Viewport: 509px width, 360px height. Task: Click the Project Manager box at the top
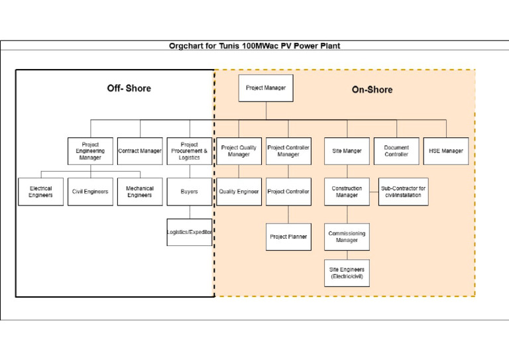tap(266, 88)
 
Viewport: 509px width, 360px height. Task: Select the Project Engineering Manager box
tap(90, 151)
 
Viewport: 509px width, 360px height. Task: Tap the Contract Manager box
tap(140, 151)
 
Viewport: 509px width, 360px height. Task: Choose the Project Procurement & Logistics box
tap(189, 151)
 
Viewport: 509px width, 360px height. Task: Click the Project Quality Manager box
tap(239, 151)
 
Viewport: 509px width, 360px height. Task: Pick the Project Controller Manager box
tap(288, 151)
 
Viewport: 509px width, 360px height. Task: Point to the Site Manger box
tap(347, 151)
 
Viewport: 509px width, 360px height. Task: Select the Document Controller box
tap(396, 151)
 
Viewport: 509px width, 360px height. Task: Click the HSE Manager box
tap(446, 151)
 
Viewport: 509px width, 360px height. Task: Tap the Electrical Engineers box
tap(40, 192)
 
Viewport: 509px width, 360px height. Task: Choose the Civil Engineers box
tap(90, 192)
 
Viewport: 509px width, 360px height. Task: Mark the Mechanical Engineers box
tap(140, 192)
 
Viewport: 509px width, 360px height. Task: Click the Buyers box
tap(189, 192)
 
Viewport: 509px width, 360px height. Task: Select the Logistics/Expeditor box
tap(190, 232)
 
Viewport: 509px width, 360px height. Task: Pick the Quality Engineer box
tap(239, 192)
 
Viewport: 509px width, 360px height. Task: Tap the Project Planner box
tap(288, 237)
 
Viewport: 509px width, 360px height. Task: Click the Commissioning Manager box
tap(347, 237)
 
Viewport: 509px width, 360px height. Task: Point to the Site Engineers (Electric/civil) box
tap(347, 272)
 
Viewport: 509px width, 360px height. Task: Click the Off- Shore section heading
tap(129, 88)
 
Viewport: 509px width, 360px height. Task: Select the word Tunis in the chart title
tap(230, 46)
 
